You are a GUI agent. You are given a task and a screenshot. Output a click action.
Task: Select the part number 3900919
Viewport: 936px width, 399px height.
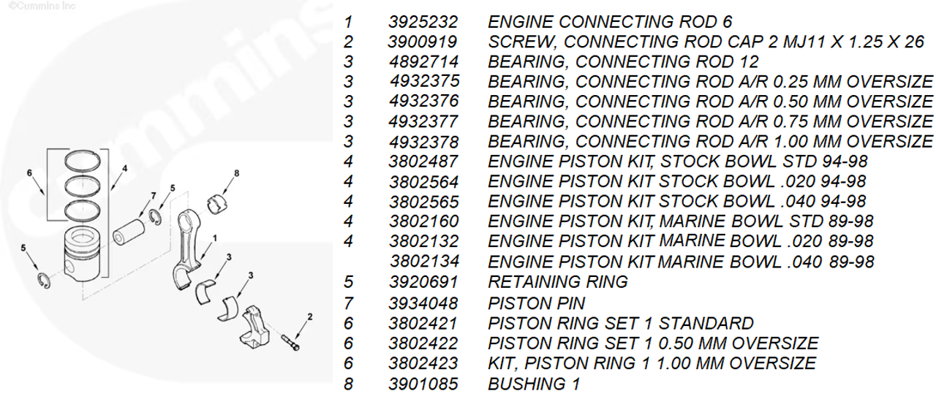[x=423, y=42]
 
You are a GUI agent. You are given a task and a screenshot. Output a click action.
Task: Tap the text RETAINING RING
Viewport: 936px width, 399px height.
[x=557, y=281]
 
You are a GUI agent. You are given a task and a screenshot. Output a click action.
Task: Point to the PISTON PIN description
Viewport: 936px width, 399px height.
[x=536, y=302]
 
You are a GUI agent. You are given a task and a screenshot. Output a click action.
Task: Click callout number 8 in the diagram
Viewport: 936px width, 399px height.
[x=236, y=173]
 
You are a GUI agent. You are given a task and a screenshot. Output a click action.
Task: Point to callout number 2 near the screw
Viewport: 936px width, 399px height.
[x=309, y=316]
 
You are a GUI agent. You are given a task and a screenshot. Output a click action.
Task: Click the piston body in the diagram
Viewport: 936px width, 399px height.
[x=83, y=252]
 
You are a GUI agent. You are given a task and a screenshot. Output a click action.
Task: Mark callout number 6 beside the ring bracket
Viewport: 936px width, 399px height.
[x=29, y=173]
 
